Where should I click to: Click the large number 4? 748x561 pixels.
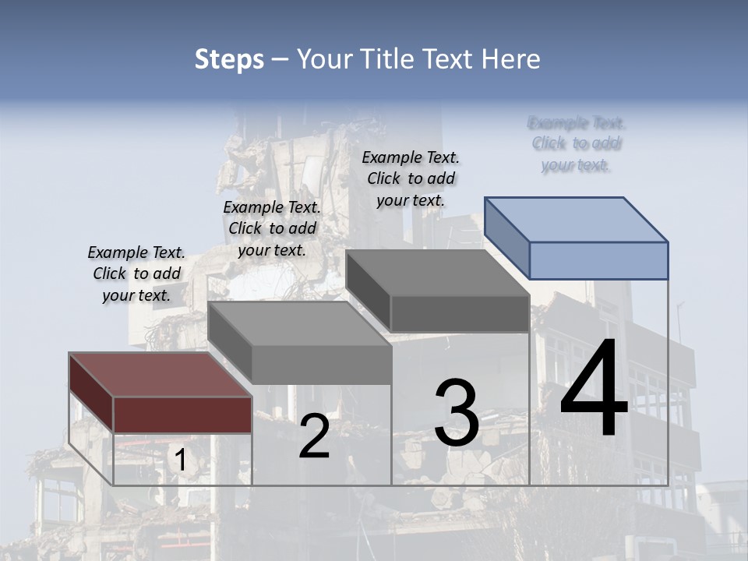[x=594, y=390]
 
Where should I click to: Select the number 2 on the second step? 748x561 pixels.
[x=314, y=436]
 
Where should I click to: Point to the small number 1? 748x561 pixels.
[x=180, y=460]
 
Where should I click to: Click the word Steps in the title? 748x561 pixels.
[x=229, y=59]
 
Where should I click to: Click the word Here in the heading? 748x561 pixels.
[x=512, y=59]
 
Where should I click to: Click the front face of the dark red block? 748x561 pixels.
[x=182, y=415]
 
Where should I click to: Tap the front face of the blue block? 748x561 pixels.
[x=598, y=260]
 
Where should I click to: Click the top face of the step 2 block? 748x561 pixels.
[x=299, y=323]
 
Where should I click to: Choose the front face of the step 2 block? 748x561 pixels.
[x=321, y=365]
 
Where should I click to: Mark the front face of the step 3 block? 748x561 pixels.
[x=460, y=314]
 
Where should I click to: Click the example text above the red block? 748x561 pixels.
[x=136, y=274]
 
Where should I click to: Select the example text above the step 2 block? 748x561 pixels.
[x=272, y=228]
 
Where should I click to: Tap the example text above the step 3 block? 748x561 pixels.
[x=411, y=178]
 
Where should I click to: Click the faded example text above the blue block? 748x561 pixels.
[x=577, y=143]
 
